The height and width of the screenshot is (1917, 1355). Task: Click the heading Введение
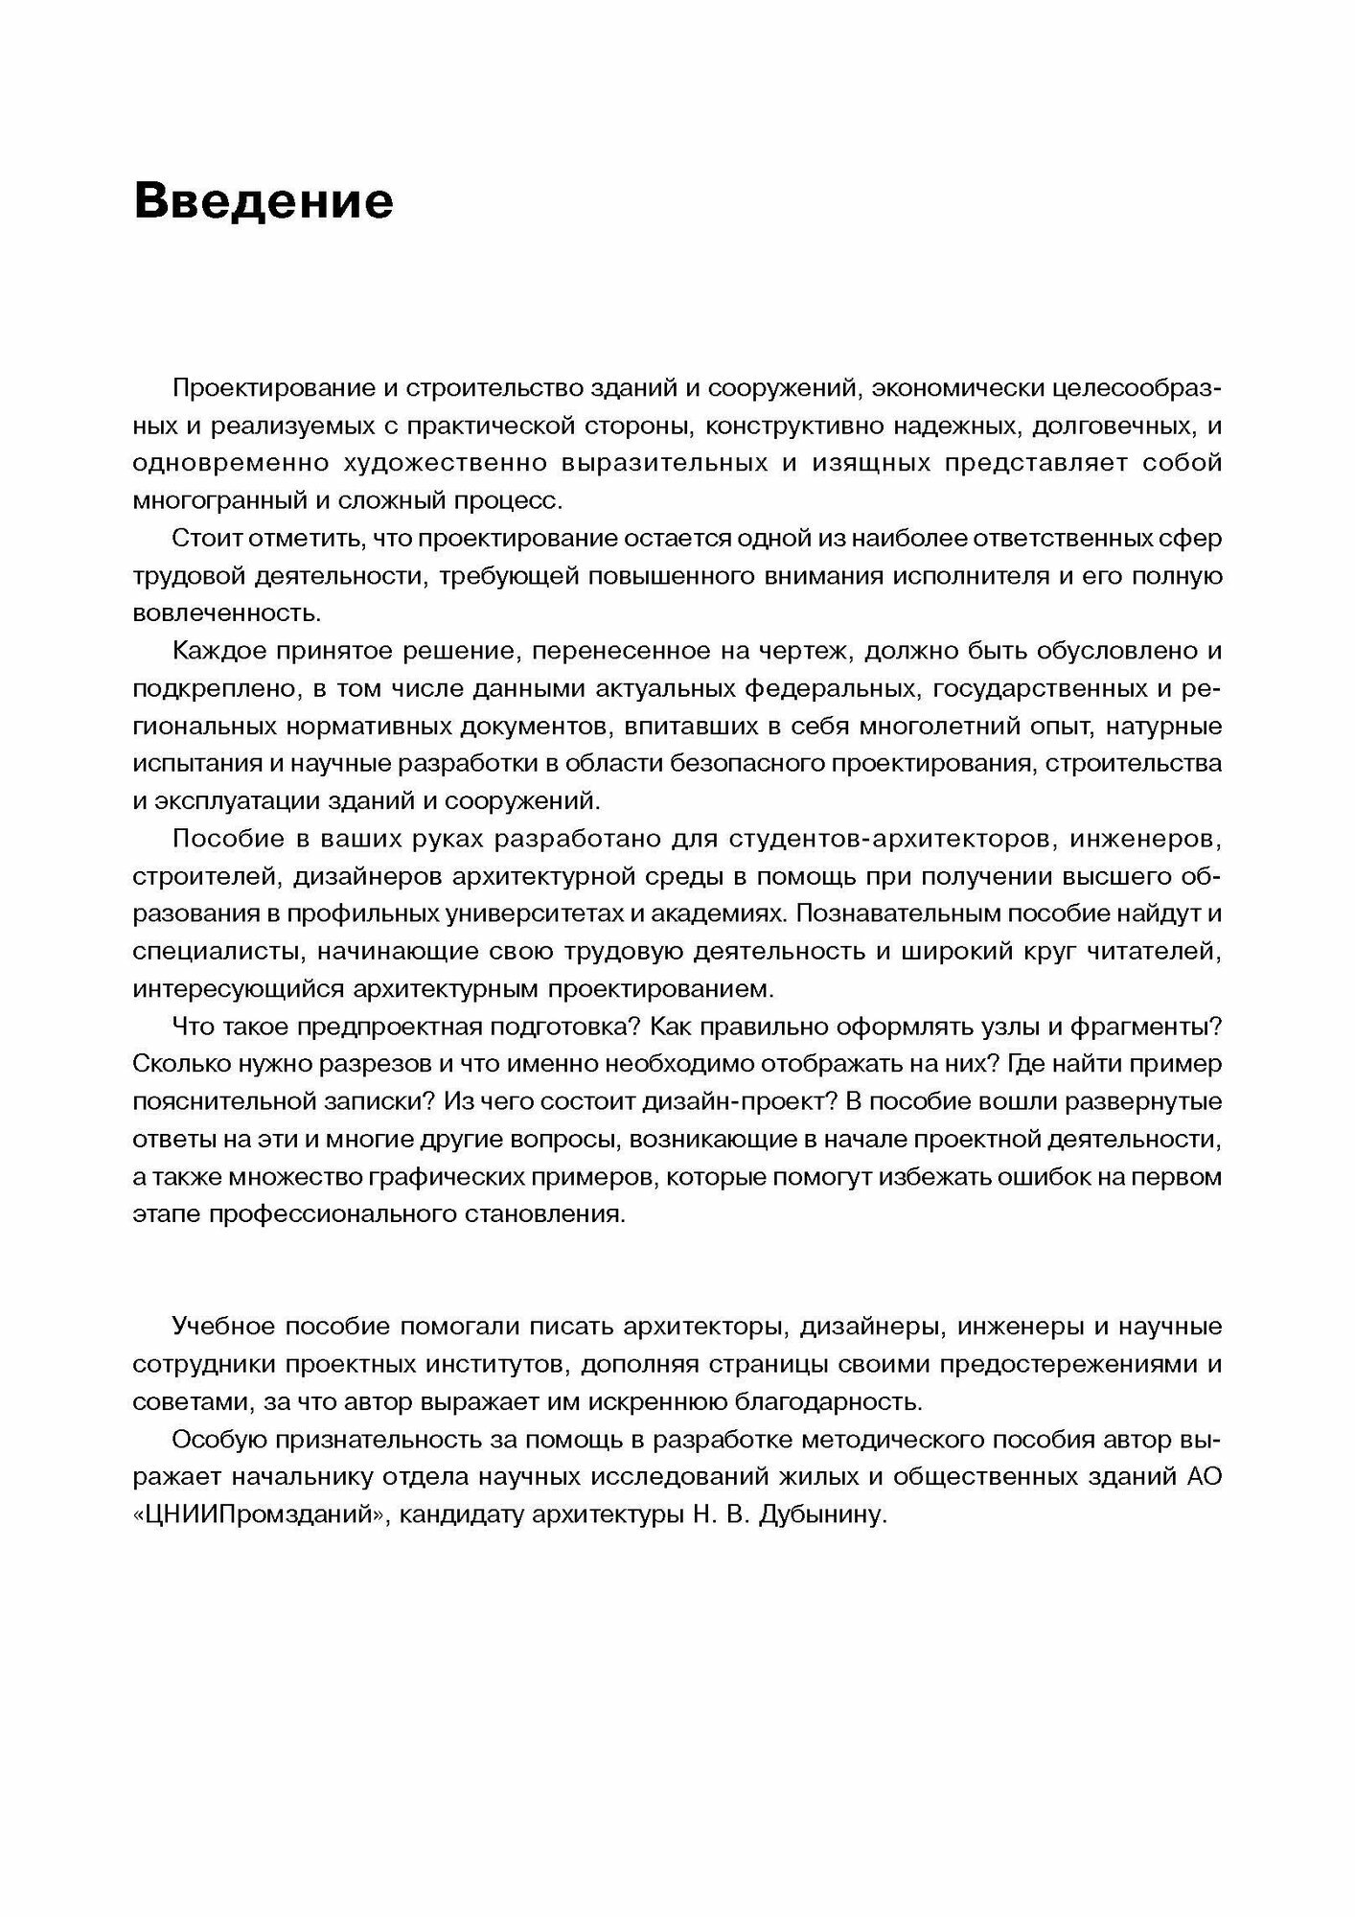click(264, 202)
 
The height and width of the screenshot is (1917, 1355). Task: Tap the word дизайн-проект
click(756, 1101)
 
